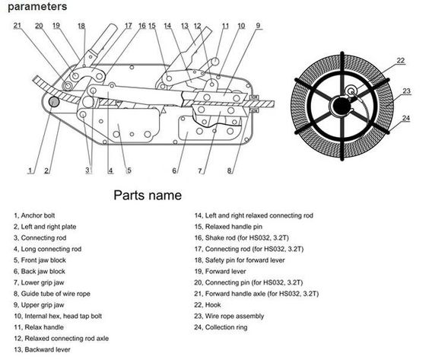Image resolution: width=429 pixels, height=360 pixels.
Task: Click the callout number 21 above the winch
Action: tap(17, 25)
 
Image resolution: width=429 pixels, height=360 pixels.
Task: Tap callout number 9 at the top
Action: tap(258, 25)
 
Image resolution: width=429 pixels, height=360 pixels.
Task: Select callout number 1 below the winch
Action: tap(30, 170)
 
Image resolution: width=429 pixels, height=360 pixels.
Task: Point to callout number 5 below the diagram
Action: tap(129, 170)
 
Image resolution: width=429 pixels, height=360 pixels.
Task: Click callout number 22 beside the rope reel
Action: tap(401, 60)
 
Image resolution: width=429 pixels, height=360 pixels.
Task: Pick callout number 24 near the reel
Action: tap(406, 118)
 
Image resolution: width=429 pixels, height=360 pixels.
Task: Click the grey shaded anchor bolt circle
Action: tap(54, 102)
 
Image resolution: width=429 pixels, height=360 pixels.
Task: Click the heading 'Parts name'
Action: tap(148, 195)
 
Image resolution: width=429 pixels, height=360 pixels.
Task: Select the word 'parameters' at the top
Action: tap(37, 7)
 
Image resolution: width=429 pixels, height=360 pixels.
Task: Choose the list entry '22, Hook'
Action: tap(208, 304)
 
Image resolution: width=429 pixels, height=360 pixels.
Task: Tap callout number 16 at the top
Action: tap(142, 25)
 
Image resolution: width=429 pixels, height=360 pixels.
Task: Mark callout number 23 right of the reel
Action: tap(407, 91)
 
